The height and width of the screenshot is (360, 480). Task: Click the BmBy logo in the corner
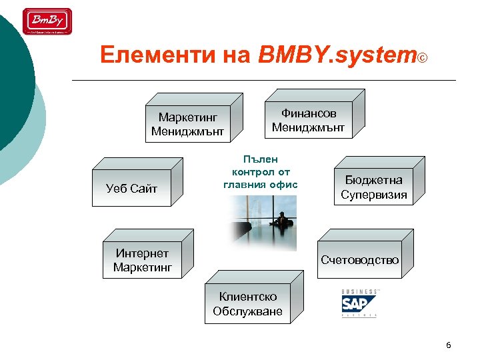pos(47,21)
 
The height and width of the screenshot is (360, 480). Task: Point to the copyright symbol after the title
pos(422,58)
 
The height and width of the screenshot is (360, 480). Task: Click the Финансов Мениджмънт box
pos(308,120)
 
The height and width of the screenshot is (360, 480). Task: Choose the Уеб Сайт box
pos(131,189)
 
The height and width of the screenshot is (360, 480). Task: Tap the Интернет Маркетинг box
pos(142,261)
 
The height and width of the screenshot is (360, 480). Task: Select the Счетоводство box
pos(359,259)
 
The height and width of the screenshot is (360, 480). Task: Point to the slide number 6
pos(448,345)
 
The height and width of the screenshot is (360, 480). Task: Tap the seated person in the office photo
pos(281,220)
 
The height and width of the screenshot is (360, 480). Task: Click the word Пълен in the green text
pos(260,159)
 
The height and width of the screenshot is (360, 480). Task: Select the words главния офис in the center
pos(260,184)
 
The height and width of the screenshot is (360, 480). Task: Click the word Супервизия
pos(373,195)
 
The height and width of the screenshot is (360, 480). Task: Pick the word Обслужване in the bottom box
pos(247,311)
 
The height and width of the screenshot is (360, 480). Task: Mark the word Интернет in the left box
pos(142,253)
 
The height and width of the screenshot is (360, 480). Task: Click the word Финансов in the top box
pos(308,113)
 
